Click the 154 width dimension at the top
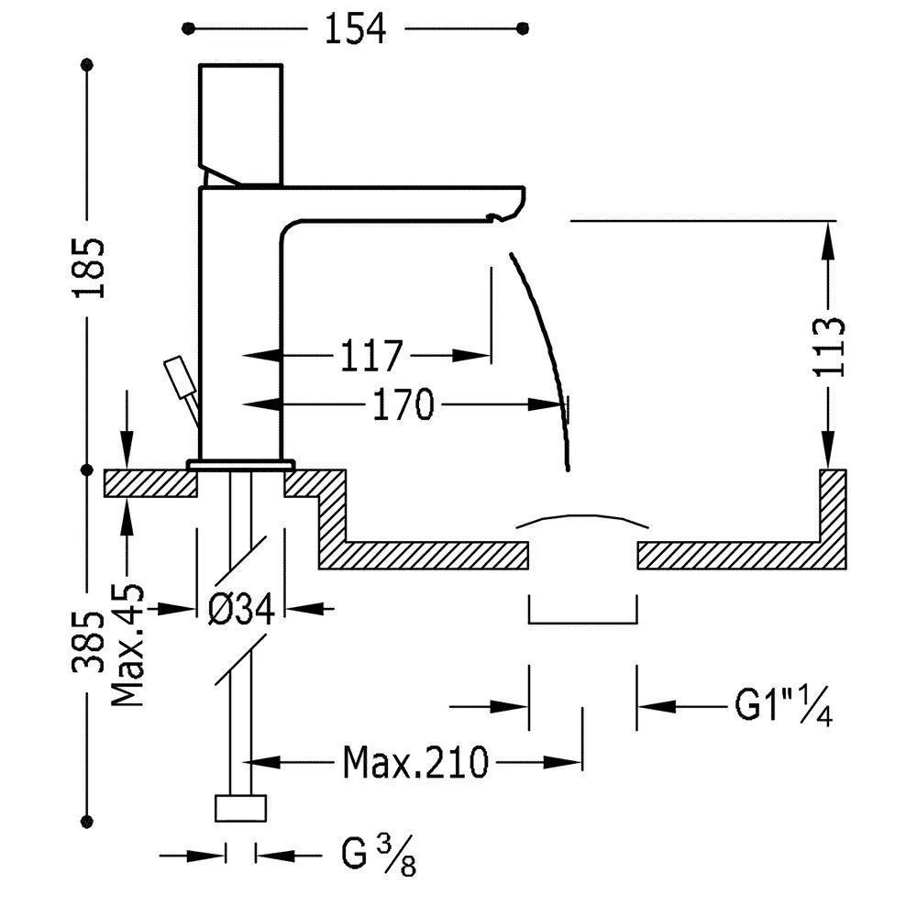coord(354,29)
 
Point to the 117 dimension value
coord(370,355)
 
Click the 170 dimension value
coord(403,403)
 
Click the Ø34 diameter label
coord(241,608)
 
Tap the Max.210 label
coord(415,761)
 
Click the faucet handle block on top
coord(240,119)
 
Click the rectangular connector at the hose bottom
coord(241,808)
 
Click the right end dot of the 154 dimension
coord(523,29)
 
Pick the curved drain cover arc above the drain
coord(582,519)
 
